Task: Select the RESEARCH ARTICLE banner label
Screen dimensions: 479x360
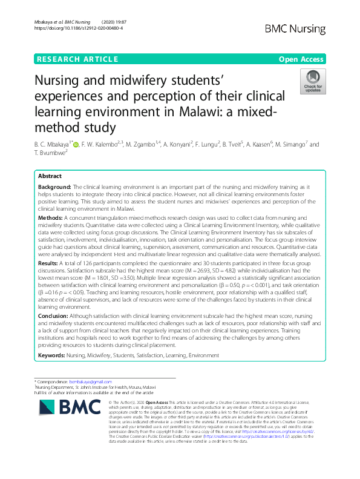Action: tap(77, 59)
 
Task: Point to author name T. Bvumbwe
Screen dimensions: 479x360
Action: tap(54, 154)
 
